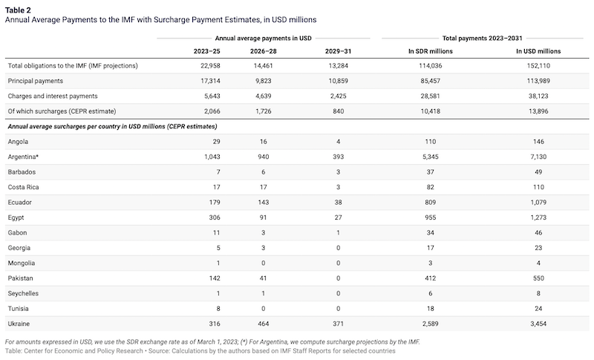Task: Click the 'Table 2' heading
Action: tap(18, 10)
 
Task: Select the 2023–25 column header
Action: tap(206, 51)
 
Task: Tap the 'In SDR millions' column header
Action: tap(431, 51)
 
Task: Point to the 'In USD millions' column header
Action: tap(538, 51)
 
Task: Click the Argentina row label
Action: tap(23, 157)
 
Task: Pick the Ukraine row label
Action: tap(19, 324)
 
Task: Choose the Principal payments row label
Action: tap(35, 81)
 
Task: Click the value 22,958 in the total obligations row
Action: tap(210, 66)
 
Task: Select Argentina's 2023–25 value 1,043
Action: tap(212, 157)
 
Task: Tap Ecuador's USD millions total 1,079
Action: tap(538, 202)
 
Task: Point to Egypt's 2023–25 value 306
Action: tap(215, 217)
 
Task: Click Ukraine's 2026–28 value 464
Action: tap(264, 324)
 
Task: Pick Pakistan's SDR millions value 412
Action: tap(431, 278)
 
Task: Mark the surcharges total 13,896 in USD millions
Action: tap(538, 111)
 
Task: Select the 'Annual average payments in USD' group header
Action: tap(264, 39)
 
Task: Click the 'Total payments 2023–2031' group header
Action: tap(482, 39)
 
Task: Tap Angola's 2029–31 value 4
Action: tap(339, 142)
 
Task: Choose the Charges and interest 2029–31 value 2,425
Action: tap(339, 96)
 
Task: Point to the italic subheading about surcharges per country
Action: tap(113, 126)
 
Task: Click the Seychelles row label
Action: tap(23, 293)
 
